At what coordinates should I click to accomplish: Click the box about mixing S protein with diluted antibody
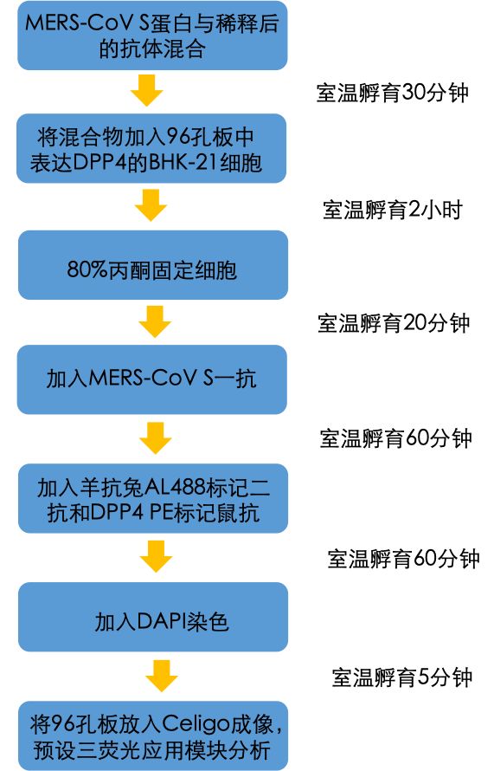(152, 36)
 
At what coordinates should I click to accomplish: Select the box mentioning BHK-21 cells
(151, 148)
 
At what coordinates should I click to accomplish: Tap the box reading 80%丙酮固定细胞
(153, 265)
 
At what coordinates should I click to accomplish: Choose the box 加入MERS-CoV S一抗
(151, 379)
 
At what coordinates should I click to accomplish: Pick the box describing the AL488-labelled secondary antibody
(153, 499)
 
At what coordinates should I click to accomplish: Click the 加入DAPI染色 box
(153, 617)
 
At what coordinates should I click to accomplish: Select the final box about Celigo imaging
(153, 736)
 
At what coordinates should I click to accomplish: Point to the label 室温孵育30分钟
(393, 93)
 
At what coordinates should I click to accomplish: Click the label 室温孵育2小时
(393, 210)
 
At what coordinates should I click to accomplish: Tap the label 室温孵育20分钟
(394, 323)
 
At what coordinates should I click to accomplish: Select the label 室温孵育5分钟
(402, 677)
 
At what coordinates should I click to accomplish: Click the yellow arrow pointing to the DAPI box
(156, 556)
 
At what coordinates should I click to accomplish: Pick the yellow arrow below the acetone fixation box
(155, 321)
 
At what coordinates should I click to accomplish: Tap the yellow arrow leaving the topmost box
(147, 90)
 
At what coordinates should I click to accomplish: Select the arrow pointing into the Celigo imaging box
(162, 676)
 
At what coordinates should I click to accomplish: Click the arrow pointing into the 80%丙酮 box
(151, 205)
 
